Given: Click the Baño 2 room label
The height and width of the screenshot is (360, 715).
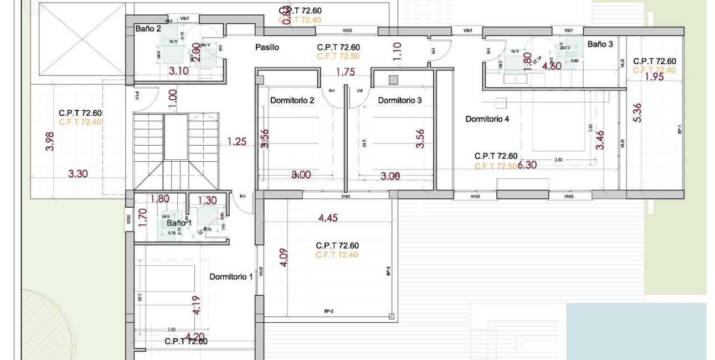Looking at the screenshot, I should click(x=148, y=28).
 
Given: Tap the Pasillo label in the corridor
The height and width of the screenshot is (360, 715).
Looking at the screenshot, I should click(x=267, y=48).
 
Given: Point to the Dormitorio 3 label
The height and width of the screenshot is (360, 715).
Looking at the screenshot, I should click(x=400, y=100).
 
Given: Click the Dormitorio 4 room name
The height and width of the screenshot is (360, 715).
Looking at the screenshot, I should click(x=487, y=119).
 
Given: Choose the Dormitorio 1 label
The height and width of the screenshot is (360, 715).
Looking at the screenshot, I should click(x=231, y=276).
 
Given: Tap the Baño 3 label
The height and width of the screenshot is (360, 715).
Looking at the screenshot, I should click(x=600, y=44).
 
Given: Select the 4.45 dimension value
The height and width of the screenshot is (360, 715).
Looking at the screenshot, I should click(x=328, y=218).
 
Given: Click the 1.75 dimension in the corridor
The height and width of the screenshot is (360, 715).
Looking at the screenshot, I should click(x=345, y=71).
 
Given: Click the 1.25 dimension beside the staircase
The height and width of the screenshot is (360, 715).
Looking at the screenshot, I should click(x=236, y=142).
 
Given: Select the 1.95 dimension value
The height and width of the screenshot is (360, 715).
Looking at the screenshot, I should click(x=654, y=77).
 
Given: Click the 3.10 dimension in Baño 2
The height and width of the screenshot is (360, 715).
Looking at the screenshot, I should click(x=179, y=70).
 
